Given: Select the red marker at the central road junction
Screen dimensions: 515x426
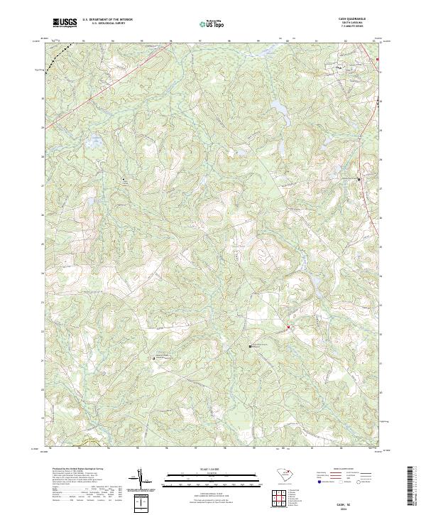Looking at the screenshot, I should click(288, 327).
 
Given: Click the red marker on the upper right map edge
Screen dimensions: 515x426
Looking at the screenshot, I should click(378, 59).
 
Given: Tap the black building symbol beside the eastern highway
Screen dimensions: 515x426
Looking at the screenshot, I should click(359, 179).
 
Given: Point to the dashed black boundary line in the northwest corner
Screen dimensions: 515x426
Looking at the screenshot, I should click(64, 49).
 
